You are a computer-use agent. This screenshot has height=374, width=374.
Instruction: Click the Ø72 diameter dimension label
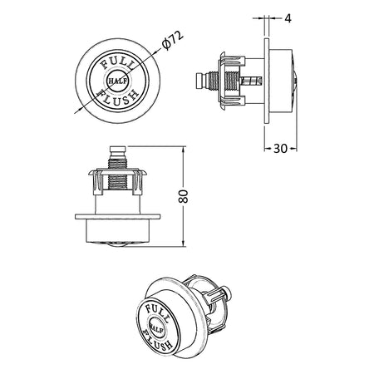(173, 41)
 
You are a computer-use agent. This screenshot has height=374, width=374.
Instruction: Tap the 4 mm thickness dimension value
(288, 18)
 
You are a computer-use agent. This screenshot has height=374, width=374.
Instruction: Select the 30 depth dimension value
(280, 149)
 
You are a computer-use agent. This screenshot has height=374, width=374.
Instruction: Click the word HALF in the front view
(118, 81)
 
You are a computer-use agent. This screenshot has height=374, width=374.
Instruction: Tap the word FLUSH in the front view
(118, 99)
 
